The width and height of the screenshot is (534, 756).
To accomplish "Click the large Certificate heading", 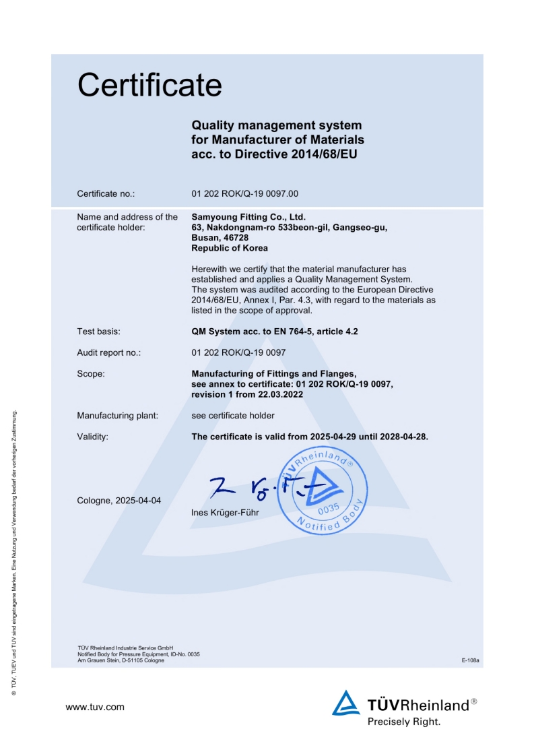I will coord(149,86).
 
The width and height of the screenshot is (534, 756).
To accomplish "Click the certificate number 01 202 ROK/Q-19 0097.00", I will coord(244,194).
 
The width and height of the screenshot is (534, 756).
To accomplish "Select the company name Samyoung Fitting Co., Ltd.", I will coord(248,217).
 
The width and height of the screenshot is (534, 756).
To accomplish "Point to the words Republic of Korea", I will coord(230,248).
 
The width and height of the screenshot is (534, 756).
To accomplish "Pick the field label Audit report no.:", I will coord(109,352).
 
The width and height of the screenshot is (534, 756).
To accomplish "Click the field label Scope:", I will coord(91,373).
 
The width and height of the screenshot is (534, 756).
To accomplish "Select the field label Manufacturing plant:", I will coord(118,416).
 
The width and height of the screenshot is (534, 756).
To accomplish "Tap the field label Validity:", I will coord(93,437).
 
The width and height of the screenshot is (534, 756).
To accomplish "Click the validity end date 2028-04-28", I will coord(403,437).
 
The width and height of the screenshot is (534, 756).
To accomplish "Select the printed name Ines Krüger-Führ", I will coord(226,513).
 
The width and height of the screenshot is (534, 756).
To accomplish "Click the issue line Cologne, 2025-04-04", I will coord(119,501).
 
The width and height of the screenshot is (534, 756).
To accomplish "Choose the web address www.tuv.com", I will coord(95,707).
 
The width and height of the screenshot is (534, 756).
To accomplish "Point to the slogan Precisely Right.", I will coord(404,722).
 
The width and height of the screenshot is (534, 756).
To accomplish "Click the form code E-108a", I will coord(470,660).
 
